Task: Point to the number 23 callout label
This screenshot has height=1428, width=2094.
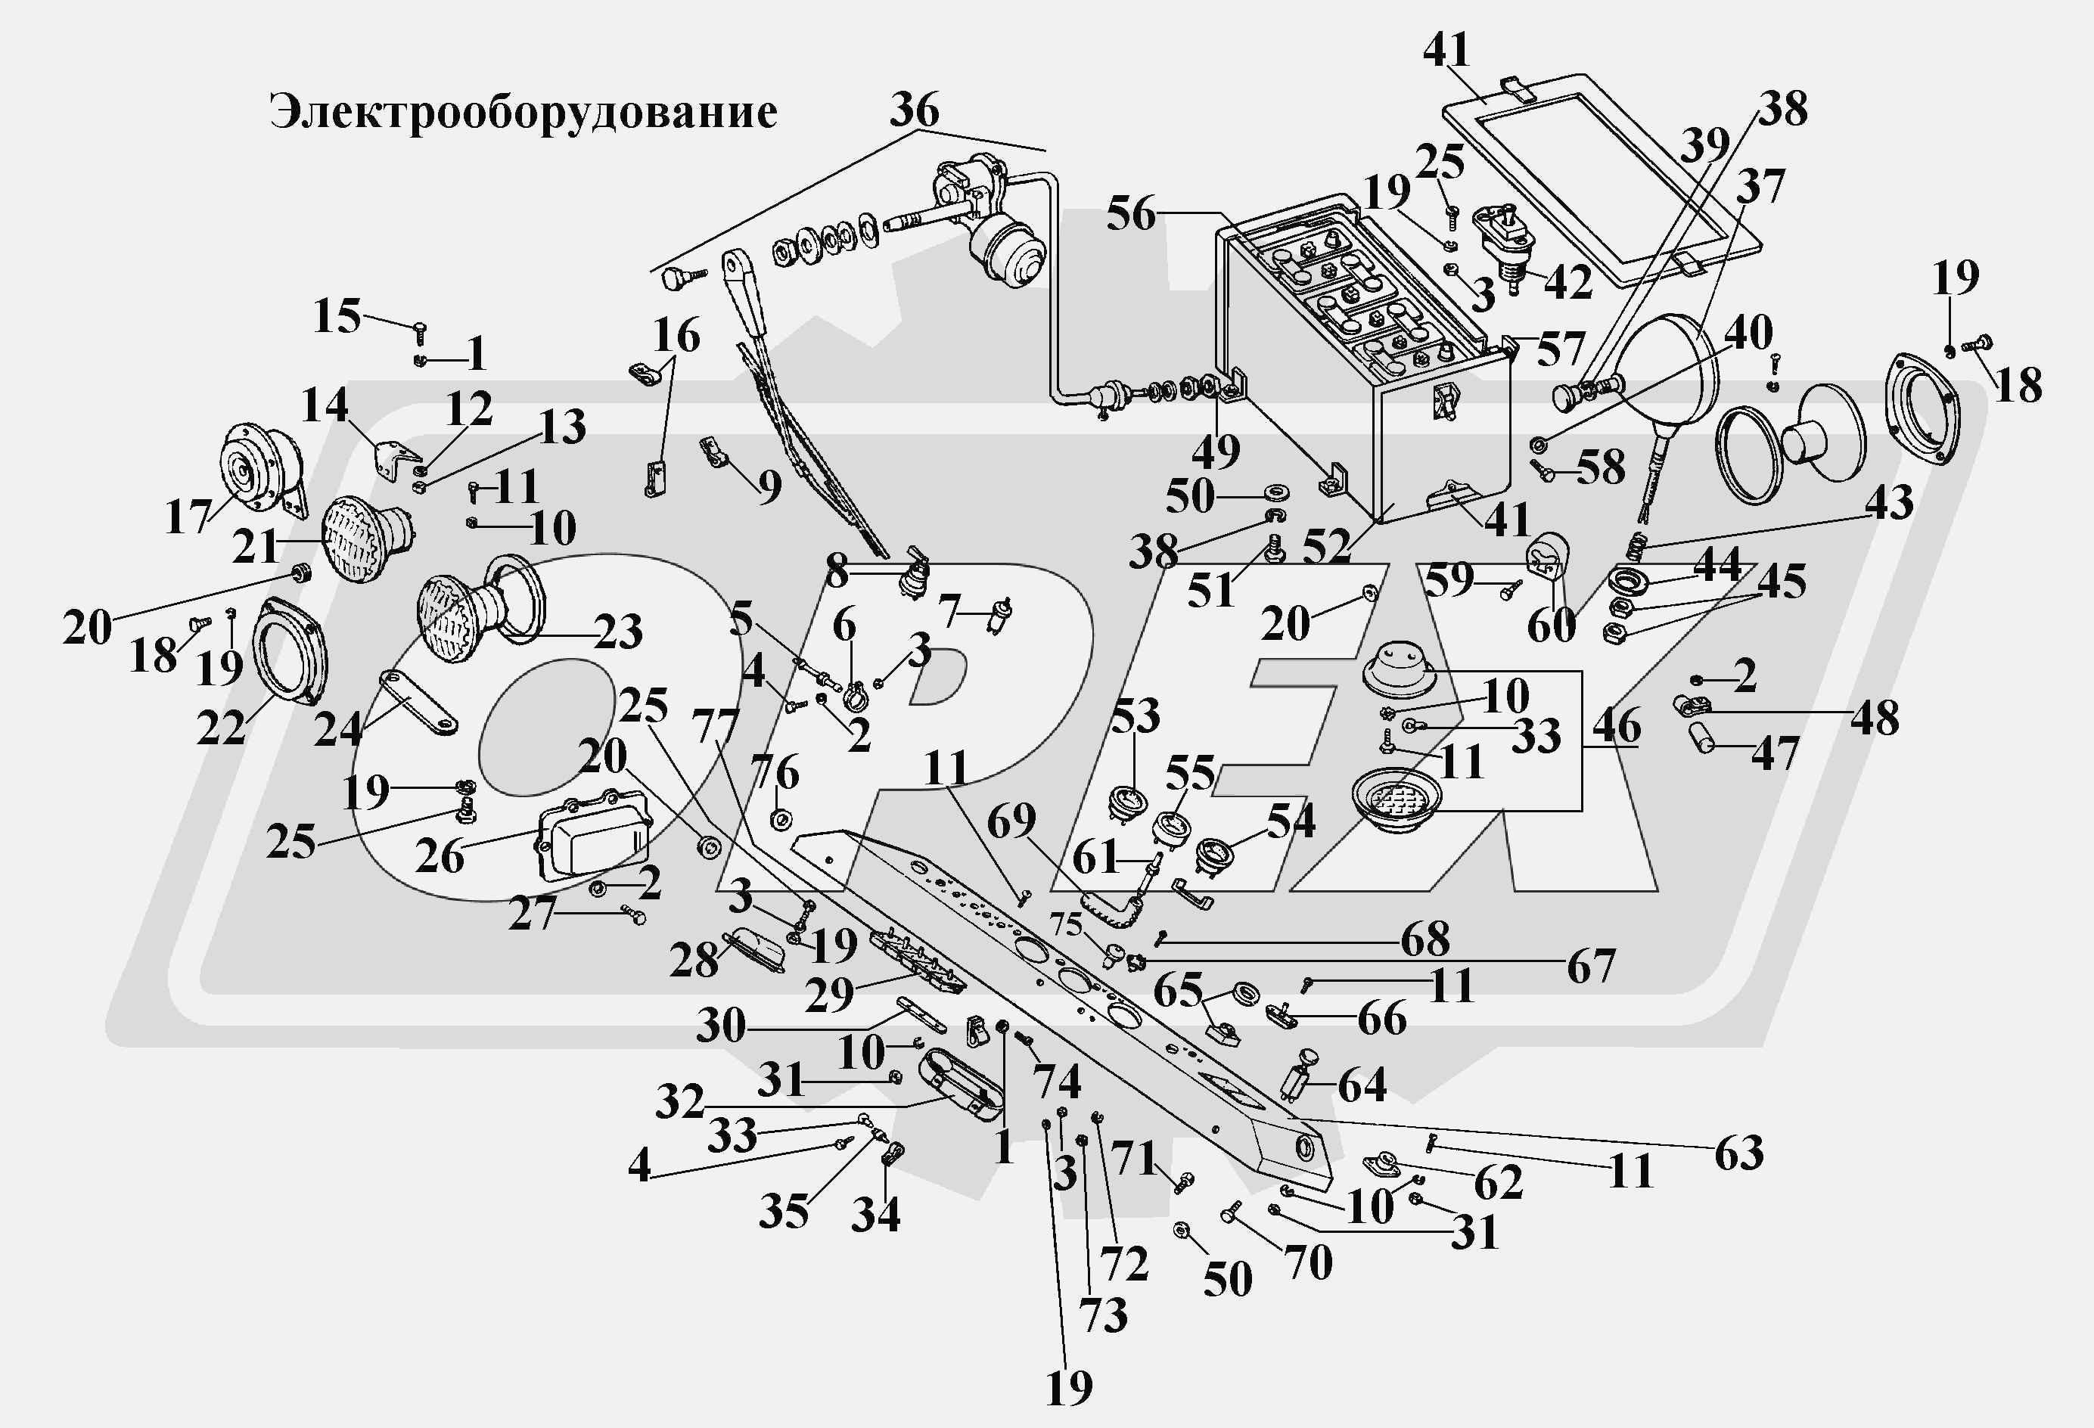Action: (x=617, y=632)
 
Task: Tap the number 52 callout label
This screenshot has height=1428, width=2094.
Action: (x=1325, y=546)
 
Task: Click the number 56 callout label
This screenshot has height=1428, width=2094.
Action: (x=1131, y=214)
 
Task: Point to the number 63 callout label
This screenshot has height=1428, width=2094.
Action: (x=1738, y=1153)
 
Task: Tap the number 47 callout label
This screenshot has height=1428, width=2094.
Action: (x=1774, y=753)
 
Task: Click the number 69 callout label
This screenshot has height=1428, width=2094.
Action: (x=1011, y=821)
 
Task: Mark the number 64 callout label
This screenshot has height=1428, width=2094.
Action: (x=1362, y=1085)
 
